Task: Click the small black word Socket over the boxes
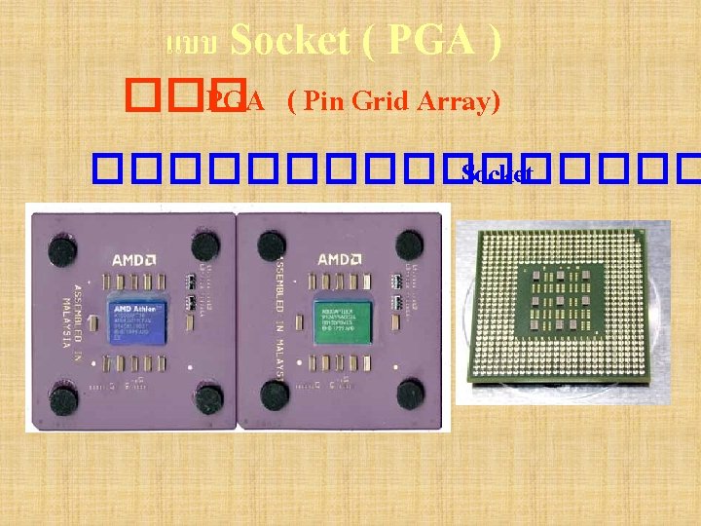click(x=497, y=174)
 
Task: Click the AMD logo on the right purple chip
click(x=334, y=260)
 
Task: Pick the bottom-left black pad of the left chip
click(x=63, y=397)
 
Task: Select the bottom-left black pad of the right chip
click(x=275, y=394)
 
